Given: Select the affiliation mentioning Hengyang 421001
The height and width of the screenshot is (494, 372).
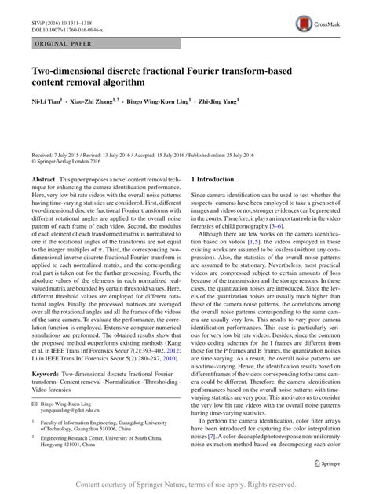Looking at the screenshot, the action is point(78,463).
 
